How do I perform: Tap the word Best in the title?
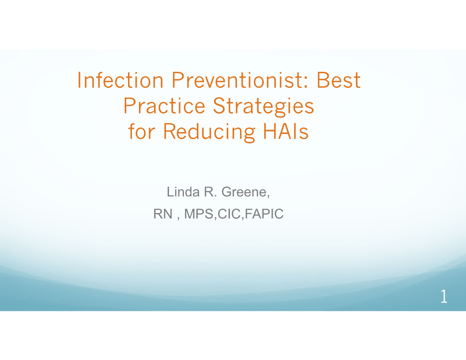[x=339, y=80]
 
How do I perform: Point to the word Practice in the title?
[x=164, y=106]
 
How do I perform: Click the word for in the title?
[x=142, y=131]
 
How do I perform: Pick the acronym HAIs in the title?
[x=286, y=131]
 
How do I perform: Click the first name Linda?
[x=183, y=191]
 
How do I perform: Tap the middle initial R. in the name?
[x=210, y=192]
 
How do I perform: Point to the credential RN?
[x=163, y=214]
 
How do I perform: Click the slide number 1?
[x=443, y=296]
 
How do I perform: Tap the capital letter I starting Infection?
[x=79, y=80]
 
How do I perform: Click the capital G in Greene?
[x=226, y=192]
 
